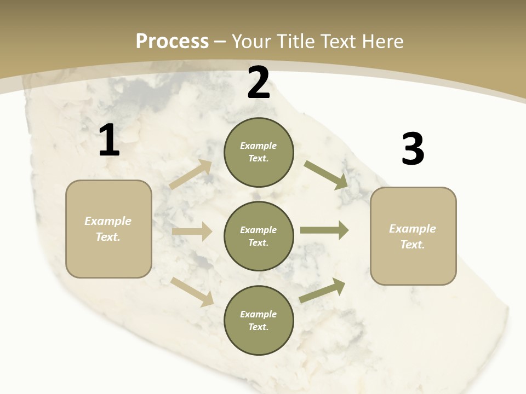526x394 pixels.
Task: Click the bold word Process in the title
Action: coord(172,41)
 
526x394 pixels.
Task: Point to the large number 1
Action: coord(108,141)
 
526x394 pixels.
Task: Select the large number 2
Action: coord(259,83)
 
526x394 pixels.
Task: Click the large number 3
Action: coord(413,149)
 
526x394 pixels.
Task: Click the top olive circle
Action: coord(259,152)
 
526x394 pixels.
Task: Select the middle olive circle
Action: coord(259,236)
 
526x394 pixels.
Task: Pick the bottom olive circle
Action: coord(259,320)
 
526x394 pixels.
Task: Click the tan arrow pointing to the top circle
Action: coord(191,175)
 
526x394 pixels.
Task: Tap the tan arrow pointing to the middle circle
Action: coord(192,231)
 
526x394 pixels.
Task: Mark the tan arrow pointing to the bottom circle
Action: coord(192,292)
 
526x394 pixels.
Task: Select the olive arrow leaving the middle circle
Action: coord(324,230)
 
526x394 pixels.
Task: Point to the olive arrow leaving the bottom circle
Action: coord(322,291)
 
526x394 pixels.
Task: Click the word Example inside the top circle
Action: coord(259,146)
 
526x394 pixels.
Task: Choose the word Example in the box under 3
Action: coord(413,229)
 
